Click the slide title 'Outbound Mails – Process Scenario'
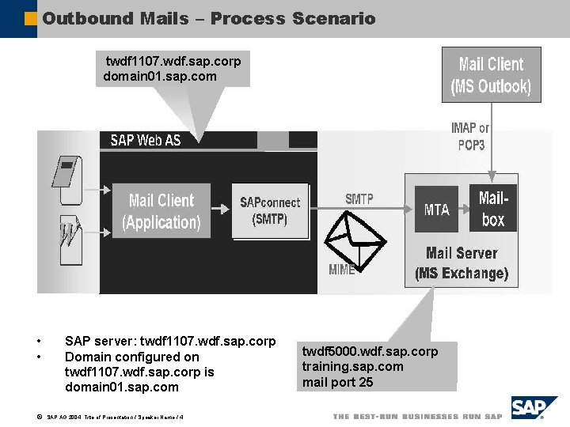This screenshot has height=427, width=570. pos(209,18)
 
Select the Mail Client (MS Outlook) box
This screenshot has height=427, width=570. pos(491,75)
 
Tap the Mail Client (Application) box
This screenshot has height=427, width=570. pos(161,211)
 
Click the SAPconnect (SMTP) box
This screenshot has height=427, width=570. pos(270,211)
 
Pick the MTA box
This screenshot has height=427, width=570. pos(436,210)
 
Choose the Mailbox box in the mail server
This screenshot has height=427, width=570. pos(492,209)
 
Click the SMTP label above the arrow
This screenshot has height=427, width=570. pos(359,199)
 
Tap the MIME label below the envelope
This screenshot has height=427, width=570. pos(341,270)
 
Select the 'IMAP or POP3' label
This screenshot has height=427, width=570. pos(470,136)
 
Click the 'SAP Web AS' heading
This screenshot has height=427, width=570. pos(146,140)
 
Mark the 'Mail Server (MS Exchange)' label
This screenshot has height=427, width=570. pos(462,264)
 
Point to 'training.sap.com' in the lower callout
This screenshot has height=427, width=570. pos(352,366)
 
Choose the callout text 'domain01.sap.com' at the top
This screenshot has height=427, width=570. pos(160,76)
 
